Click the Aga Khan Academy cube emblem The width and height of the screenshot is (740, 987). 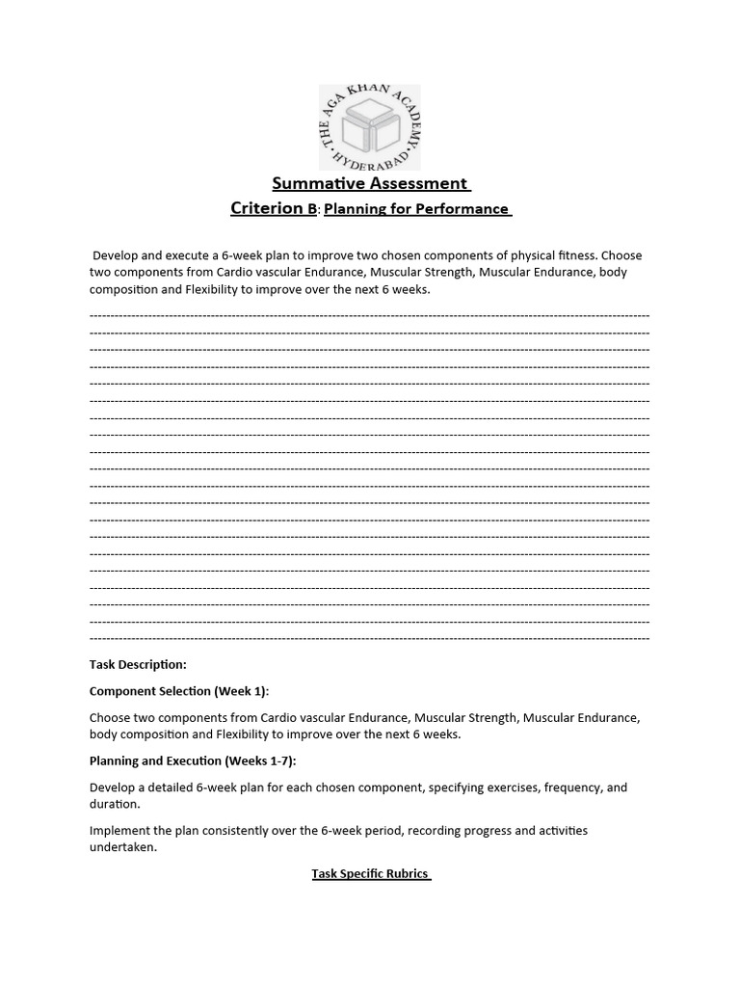point(370,126)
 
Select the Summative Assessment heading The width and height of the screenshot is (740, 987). point(370,183)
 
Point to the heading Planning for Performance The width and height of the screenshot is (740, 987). point(415,209)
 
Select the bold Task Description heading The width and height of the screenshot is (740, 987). point(138,664)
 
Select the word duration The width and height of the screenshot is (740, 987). point(114,803)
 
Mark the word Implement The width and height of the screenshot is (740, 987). point(120,830)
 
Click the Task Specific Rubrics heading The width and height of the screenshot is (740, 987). point(370,873)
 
